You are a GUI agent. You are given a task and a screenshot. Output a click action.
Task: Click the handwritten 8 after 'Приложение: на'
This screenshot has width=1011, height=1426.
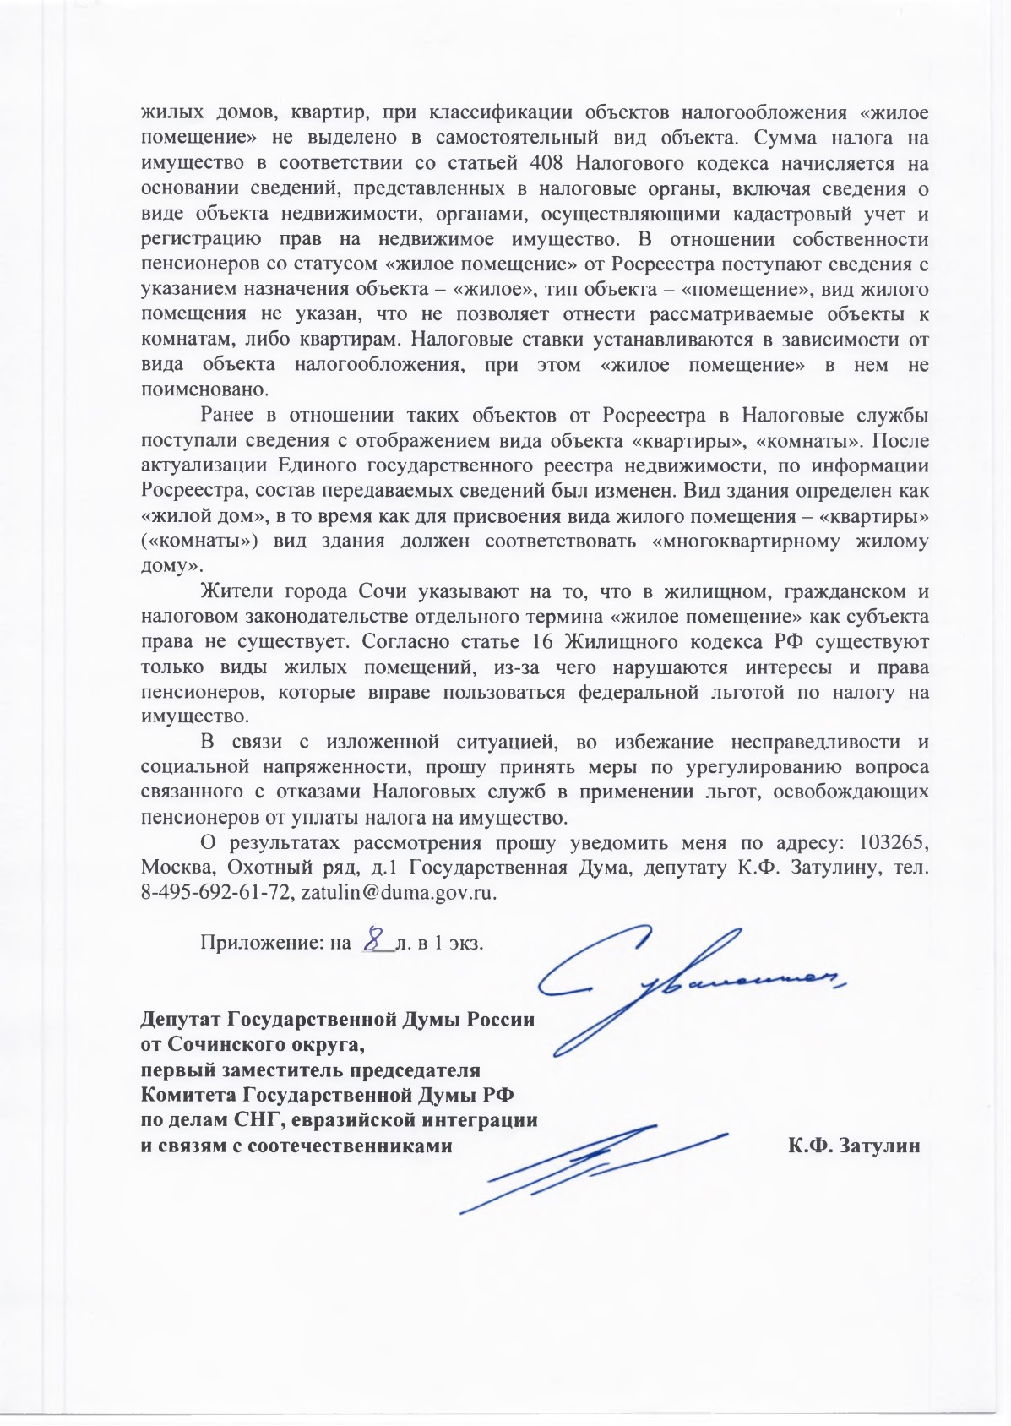(376, 939)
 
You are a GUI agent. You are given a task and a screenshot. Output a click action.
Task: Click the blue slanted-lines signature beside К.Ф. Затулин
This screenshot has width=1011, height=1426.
(591, 1166)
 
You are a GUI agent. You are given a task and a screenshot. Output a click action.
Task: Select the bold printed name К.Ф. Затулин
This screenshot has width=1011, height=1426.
(854, 1146)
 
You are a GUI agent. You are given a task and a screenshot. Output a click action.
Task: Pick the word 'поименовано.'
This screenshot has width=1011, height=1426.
(204, 390)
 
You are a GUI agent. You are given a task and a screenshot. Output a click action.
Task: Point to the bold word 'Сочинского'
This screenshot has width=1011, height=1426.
(232, 1044)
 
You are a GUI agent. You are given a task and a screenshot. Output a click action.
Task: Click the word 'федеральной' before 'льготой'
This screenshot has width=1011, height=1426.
(639, 692)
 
